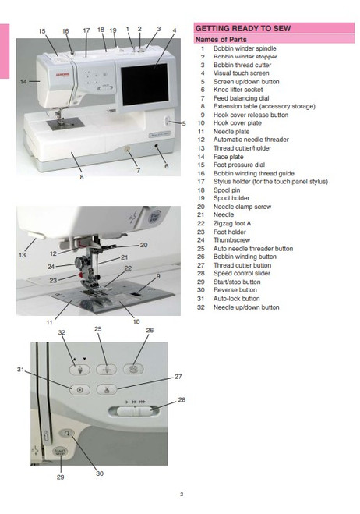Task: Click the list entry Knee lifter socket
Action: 238,90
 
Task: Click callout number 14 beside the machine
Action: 23,80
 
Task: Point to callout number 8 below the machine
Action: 80,178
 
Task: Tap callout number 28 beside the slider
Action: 182,399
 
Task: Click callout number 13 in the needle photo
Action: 23,255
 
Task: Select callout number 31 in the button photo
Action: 22,370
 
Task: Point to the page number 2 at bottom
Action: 180,494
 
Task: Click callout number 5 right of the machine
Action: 183,123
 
